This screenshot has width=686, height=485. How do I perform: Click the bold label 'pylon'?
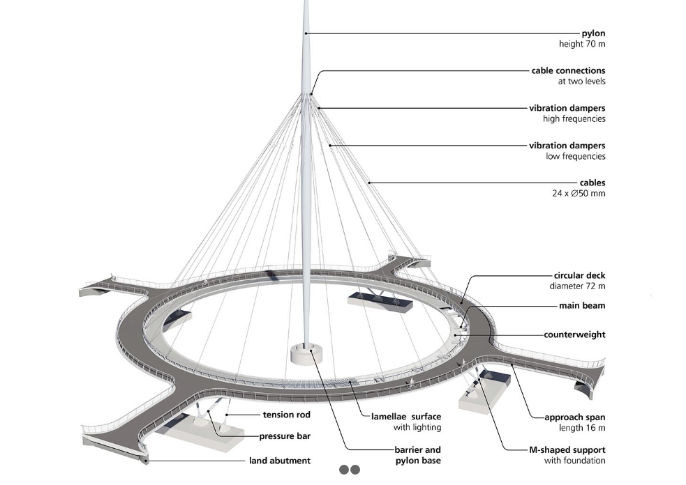(x=593, y=33)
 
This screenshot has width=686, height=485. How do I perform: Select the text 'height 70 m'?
(x=582, y=44)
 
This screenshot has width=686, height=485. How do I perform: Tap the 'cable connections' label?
(x=568, y=70)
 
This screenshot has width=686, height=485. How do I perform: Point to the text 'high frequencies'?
(x=574, y=119)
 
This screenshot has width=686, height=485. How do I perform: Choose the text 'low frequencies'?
(x=575, y=156)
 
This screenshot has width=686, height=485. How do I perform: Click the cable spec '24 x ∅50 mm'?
(x=579, y=194)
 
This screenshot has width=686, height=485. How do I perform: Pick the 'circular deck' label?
(x=579, y=275)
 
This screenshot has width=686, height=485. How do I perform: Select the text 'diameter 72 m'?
(x=578, y=286)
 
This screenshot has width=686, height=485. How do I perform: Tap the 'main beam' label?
(x=582, y=306)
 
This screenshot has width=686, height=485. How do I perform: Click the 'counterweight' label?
(x=574, y=334)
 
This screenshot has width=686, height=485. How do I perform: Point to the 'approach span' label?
(x=575, y=417)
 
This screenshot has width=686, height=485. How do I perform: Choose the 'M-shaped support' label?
(x=567, y=450)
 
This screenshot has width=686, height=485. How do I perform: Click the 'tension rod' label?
(x=287, y=415)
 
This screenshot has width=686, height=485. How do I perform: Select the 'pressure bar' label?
(x=285, y=436)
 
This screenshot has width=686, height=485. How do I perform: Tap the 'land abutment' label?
(x=280, y=461)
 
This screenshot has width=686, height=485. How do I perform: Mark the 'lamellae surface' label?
(x=406, y=417)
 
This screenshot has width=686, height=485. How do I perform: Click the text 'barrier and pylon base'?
(x=418, y=455)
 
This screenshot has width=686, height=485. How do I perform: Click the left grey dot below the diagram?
(x=344, y=470)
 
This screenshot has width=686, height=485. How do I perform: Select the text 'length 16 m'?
(x=582, y=428)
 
